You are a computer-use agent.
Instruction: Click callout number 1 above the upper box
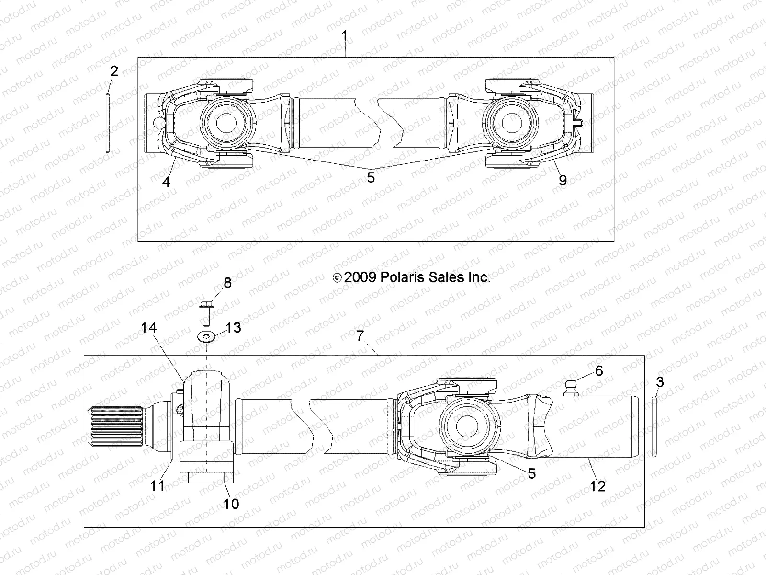click(x=344, y=36)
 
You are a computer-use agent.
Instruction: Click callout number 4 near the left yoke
click(x=166, y=182)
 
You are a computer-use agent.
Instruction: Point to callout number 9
click(x=563, y=180)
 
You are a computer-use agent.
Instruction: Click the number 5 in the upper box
click(x=371, y=177)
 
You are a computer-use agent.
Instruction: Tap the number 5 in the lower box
click(x=531, y=473)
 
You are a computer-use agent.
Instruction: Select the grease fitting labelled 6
click(x=570, y=386)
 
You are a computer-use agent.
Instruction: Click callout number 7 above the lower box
click(x=360, y=336)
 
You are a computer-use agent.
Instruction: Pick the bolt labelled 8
click(x=207, y=313)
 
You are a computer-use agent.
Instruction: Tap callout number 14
click(x=149, y=328)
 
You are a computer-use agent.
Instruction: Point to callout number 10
click(x=231, y=504)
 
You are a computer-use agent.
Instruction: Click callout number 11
click(x=158, y=485)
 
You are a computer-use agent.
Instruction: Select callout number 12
click(x=598, y=486)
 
